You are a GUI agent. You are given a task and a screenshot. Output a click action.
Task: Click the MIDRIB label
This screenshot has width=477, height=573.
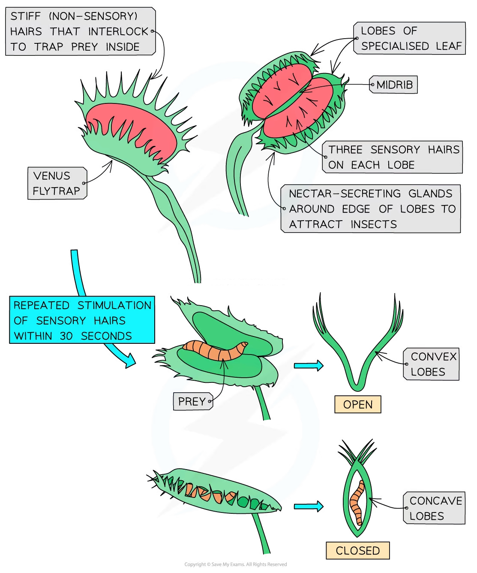(394, 85)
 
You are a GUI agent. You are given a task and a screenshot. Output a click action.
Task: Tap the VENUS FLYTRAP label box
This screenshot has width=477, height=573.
(57, 183)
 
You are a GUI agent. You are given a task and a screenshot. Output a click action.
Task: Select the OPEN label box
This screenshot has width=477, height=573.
(358, 404)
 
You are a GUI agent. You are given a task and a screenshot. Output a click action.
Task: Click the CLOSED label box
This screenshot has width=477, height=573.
(358, 550)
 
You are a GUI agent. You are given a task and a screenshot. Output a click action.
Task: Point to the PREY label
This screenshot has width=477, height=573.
(192, 402)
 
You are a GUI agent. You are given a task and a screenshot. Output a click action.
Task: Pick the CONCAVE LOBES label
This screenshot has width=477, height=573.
(435, 508)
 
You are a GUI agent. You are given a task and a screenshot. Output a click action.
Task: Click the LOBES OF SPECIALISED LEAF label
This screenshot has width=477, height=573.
(410, 38)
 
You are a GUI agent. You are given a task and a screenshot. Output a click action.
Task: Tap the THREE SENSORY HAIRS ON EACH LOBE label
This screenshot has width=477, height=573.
(393, 157)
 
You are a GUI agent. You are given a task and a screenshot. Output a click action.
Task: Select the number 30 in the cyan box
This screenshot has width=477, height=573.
(66, 336)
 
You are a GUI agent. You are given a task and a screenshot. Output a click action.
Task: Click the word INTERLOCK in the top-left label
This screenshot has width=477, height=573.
(118, 31)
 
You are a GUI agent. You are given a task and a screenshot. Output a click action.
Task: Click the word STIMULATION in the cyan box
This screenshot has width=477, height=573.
(114, 305)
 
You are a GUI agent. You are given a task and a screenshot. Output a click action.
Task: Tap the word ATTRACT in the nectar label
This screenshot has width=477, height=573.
(315, 224)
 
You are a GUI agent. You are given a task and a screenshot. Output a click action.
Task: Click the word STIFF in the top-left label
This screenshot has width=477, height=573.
(26, 16)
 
